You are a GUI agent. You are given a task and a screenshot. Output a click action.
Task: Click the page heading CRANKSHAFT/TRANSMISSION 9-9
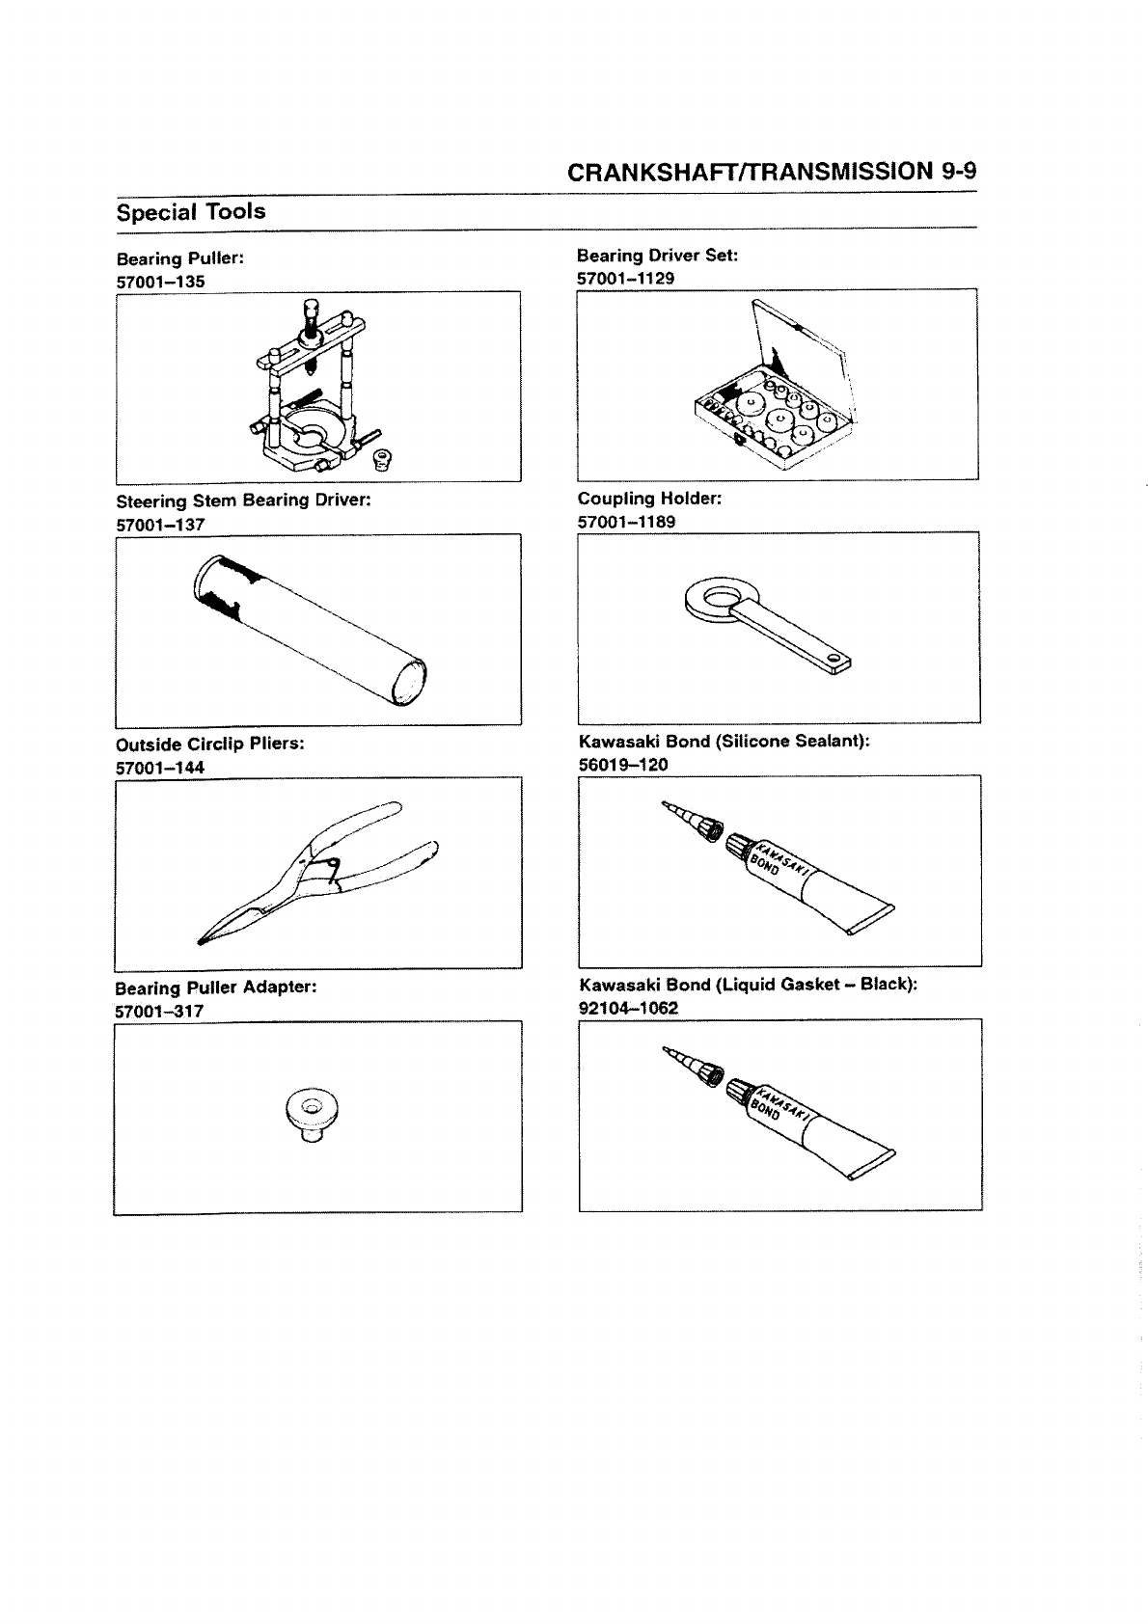click(x=772, y=172)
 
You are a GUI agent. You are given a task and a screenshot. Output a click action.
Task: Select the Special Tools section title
click(x=191, y=211)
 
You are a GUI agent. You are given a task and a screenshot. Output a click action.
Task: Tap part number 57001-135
click(x=160, y=282)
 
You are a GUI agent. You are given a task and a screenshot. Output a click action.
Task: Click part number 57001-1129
click(x=625, y=278)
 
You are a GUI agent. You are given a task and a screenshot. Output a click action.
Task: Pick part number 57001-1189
click(x=626, y=522)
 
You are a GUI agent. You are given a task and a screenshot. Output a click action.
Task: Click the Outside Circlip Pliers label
click(x=210, y=744)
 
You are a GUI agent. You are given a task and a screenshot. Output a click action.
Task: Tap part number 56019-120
click(x=623, y=765)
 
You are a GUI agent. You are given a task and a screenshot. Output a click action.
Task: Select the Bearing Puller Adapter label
click(x=216, y=988)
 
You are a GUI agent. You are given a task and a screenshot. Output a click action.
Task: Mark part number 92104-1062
click(x=628, y=1008)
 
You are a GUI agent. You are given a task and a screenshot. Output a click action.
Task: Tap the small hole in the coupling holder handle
click(x=834, y=659)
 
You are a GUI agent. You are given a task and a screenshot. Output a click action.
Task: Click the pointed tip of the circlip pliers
click(x=202, y=939)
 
